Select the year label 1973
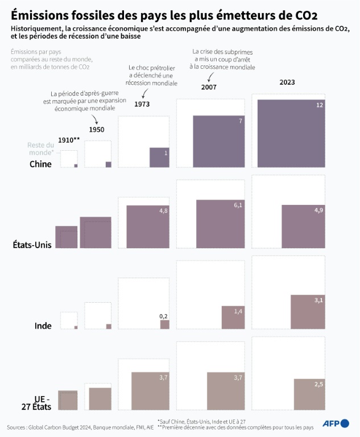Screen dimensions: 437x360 142,104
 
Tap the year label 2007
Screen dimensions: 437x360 209,87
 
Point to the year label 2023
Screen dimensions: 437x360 287,83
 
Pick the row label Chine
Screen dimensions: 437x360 40,164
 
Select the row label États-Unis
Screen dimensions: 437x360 32,245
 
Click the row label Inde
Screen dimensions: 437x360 43,326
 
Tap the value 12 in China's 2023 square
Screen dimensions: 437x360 320,105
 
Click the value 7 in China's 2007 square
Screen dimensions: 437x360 241,121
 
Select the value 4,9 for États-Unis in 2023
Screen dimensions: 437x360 316,211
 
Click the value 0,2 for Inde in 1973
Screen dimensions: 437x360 163,316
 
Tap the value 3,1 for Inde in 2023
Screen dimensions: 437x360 317,300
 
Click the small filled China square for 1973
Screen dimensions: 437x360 159,157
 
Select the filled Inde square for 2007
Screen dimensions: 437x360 233,318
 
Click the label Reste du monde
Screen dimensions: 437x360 41,149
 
